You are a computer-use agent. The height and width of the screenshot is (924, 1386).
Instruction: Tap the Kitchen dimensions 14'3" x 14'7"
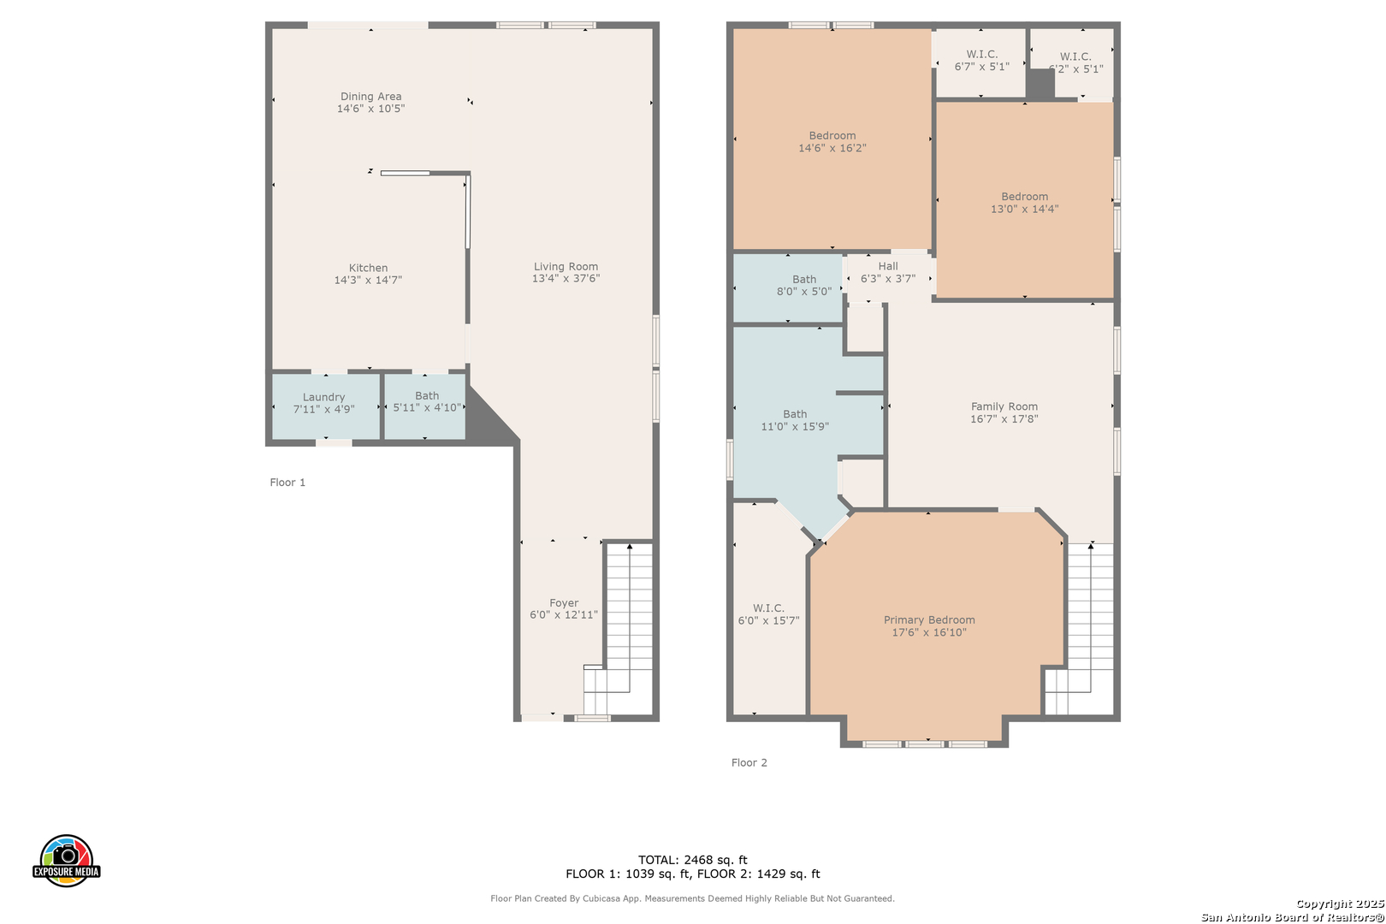pyautogui.click(x=368, y=280)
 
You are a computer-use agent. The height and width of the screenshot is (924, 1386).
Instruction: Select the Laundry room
pyautogui.click(x=326, y=406)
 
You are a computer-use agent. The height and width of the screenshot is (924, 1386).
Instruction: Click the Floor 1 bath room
pyautogui.click(x=425, y=406)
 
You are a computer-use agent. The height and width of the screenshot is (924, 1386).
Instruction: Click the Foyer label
pyautogui.click(x=564, y=603)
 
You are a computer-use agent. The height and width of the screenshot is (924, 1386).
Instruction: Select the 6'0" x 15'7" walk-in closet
pyautogui.click(x=769, y=610)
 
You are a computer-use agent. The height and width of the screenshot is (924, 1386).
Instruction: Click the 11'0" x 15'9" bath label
pyautogui.click(x=795, y=420)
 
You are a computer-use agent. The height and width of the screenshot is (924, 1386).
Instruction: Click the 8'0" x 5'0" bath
pyautogui.click(x=788, y=288)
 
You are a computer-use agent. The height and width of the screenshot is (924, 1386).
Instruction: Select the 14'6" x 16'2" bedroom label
pyautogui.click(x=832, y=142)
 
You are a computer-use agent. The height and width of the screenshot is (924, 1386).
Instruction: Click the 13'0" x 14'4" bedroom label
pyautogui.click(x=1025, y=203)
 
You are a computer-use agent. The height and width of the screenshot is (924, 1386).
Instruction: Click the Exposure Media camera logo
pyautogui.click(x=66, y=860)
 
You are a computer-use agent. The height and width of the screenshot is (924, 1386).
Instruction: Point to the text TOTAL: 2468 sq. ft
pyautogui.click(x=692, y=860)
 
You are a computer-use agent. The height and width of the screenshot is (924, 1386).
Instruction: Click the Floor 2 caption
pyautogui.click(x=749, y=762)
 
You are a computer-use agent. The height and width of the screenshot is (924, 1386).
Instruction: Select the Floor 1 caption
pyautogui.click(x=287, y=483)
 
